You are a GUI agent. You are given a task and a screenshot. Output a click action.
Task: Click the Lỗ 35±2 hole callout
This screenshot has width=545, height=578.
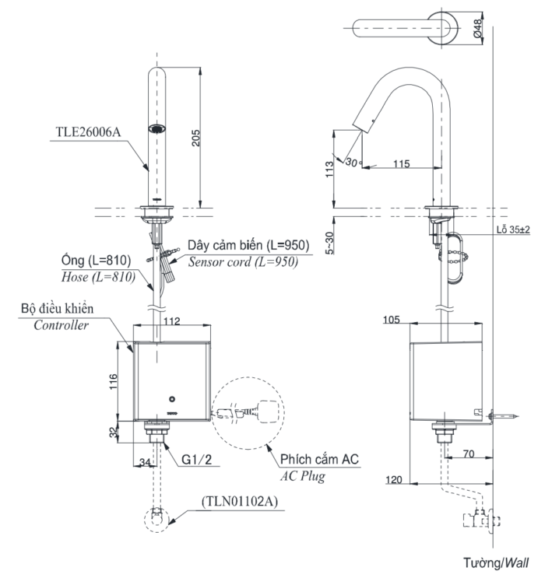point(512,230)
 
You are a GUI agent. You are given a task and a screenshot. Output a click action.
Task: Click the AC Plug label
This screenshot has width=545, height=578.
point(303,475)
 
